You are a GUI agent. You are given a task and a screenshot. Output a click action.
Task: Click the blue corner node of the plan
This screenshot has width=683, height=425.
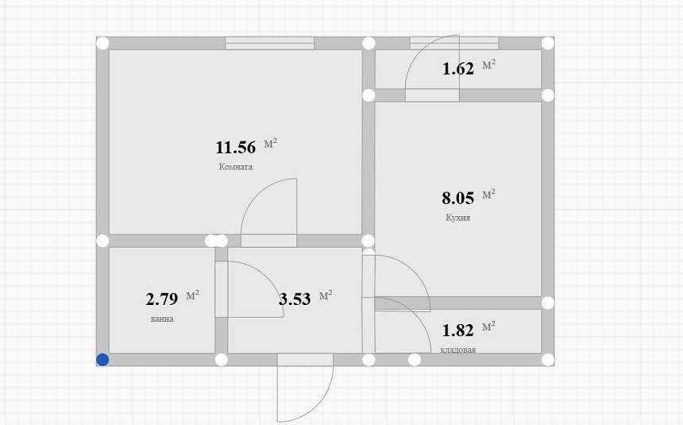(x=102, y=360)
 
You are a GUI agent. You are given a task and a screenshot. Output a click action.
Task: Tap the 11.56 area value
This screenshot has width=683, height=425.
(x=236, y=147)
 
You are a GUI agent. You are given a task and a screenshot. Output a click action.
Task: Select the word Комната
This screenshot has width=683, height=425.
(x=236, y=167)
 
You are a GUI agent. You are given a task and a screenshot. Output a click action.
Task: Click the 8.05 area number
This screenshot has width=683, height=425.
(x=457, y=198)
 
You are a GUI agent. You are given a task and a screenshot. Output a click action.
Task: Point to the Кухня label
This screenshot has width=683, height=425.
(x=457, y=218)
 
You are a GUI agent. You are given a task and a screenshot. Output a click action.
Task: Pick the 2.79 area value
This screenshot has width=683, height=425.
(x=162, y=299)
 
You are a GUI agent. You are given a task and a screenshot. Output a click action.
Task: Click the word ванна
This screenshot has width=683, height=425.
(x=162, y=319)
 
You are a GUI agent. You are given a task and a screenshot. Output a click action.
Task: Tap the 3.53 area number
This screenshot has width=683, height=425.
(x=295, y=299)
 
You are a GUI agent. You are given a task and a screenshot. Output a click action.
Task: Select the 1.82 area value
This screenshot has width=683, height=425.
(x=457, y=330)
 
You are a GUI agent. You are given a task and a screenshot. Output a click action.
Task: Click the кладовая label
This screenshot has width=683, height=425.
(x=457, y=350)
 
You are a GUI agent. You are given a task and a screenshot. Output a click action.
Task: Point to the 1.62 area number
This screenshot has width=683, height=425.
(x=458, y=69)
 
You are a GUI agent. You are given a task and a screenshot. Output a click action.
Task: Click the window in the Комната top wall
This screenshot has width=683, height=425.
(x=270, y=43)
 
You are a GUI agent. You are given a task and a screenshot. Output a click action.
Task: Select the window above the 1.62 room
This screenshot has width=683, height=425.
(x=454, y=43)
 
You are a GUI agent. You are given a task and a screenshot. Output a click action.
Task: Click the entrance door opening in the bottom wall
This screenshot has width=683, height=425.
(x=305, y=360)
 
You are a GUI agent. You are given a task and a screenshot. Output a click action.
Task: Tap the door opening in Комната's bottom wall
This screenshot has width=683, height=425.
(x=268, y=241)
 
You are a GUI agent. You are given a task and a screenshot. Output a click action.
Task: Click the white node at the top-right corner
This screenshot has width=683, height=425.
(x=547, y=43)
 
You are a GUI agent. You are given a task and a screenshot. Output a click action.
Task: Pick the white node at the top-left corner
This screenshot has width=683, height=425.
(x=102, y=43)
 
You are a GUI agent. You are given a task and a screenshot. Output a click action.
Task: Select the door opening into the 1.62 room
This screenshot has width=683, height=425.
(x=432, y=95)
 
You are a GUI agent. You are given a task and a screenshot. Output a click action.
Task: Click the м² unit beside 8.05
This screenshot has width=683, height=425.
(x=488, y=195)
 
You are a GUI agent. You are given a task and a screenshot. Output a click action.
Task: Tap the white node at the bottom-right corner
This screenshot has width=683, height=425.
(x=547, y=360)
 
